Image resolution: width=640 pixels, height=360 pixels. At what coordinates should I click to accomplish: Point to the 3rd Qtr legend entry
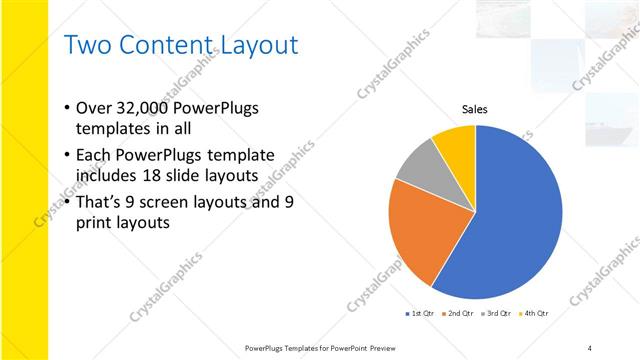coord(498,314)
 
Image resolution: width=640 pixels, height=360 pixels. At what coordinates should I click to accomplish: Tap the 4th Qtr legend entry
coord(535,314)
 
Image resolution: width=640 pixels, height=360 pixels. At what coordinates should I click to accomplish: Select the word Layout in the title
coord(257,45)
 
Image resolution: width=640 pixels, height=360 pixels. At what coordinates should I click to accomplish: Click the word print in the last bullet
coord(96,223)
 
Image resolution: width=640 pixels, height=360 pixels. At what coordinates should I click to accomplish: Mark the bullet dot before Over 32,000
coord(66,108)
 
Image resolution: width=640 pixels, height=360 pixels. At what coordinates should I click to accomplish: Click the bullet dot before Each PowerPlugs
coord(66,155)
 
